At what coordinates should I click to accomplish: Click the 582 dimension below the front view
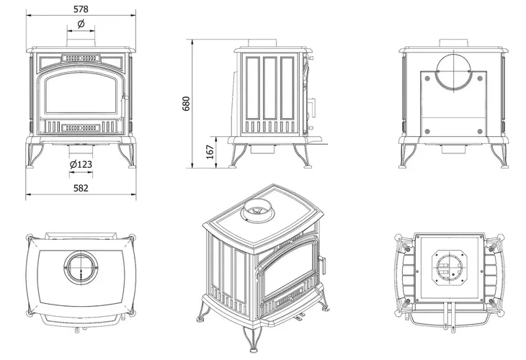(80, 188)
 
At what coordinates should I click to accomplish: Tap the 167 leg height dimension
(209, 152)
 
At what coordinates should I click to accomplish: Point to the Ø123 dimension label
(81, 164)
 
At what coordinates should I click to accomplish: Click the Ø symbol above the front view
(80, 25)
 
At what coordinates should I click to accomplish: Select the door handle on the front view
(125, 97)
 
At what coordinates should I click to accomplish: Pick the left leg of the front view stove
(32, 157)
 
